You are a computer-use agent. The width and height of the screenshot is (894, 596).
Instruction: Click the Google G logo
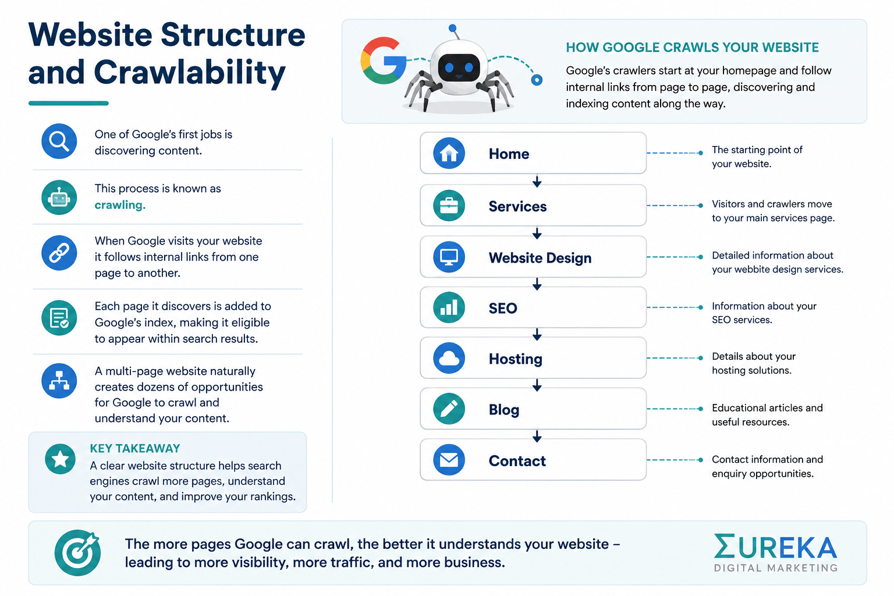(383, 61)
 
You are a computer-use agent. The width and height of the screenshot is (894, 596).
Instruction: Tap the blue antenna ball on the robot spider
(452, 28)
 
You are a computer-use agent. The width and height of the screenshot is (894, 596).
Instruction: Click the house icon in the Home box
(449, 153)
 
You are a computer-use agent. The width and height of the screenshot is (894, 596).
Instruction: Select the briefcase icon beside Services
(449, 205)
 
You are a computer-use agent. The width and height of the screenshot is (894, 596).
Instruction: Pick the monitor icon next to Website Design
(449, 257)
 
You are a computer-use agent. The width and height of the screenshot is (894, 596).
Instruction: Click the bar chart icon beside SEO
(449, 307)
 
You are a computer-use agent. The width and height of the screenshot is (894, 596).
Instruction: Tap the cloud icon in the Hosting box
(449, 358)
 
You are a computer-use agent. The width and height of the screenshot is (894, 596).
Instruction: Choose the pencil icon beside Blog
(449, 409)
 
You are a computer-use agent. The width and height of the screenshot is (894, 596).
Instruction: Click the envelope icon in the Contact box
(449, 460)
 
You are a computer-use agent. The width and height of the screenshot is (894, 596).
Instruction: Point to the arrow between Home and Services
(537, 181)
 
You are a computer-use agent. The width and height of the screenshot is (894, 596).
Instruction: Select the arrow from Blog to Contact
(537, 436)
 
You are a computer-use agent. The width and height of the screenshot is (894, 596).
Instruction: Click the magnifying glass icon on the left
(59, 141)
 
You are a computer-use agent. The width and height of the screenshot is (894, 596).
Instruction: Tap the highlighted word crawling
(120, 205)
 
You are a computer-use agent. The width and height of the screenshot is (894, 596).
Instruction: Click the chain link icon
(59, 253)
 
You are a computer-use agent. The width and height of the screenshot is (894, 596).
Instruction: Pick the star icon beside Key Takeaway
(61, 459)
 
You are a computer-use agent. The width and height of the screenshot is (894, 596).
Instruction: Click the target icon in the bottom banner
(77, 552)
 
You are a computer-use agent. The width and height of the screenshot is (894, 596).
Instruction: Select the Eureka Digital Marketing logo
(775, 553)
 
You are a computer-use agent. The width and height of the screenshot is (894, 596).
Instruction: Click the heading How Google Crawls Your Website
(692, 48)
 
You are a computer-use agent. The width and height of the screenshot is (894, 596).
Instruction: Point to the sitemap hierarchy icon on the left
(59, 381)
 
